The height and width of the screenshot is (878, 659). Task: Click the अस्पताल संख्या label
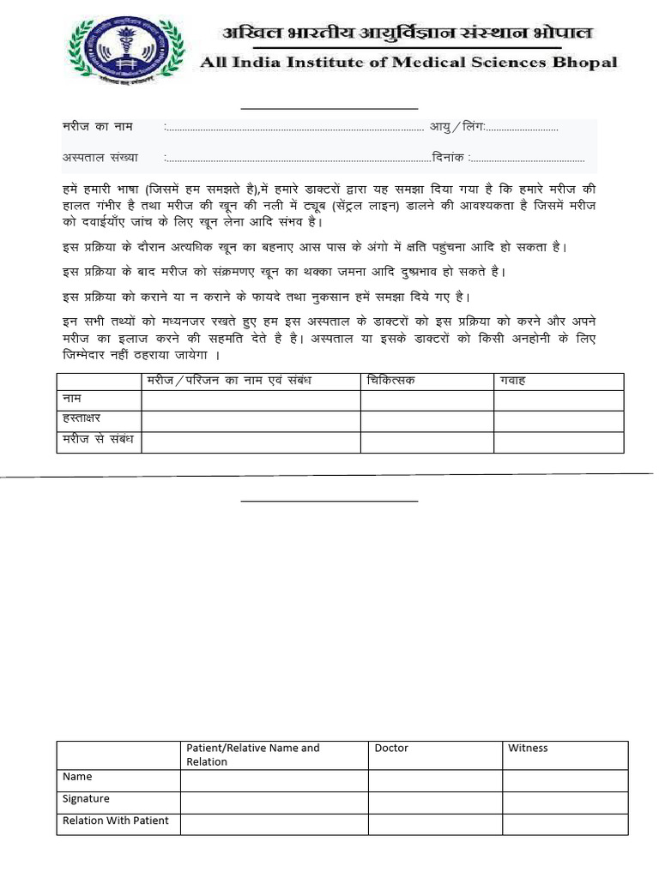click(x=100, y=158)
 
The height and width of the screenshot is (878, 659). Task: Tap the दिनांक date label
click(x=449, y=158)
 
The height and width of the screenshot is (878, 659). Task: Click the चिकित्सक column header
click(x=390, y=381)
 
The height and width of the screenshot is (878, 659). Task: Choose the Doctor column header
click(x=391, y=749)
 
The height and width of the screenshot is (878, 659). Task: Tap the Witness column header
click(x=528, y=749)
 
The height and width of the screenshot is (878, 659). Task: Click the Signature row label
click(x=86, y=799)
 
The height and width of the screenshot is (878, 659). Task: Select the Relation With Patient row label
click(x=116, y=821)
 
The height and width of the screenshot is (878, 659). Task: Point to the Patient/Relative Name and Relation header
click(x=253, y=755)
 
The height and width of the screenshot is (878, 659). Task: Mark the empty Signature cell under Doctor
click(x=435, y=802)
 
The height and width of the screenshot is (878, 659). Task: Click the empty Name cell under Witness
click(x=565, y=779)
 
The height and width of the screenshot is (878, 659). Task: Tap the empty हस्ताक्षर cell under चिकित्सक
click(x=426, y=421)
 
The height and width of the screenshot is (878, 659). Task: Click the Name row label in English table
click(x=77, y=777)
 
